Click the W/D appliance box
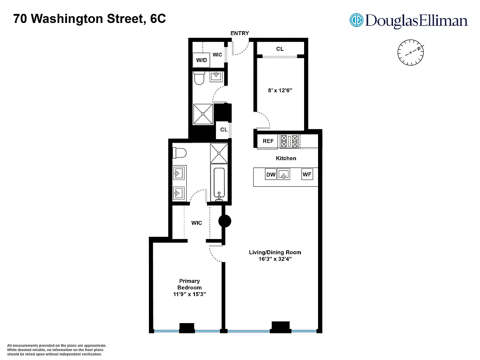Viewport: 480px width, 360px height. tap(200, 60)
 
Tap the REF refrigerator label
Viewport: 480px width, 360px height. tap(268, 141)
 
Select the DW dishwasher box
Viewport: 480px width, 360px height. tap(270, 175)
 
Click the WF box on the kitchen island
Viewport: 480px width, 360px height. tap(307, 175)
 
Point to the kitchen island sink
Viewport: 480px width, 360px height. tap(283, 174)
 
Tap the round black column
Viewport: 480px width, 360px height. tap(224, 221)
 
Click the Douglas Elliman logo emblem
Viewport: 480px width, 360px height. tap(357, 20)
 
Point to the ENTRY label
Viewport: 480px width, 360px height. tap(239, 33)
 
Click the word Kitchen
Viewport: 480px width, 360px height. tap(286, 158)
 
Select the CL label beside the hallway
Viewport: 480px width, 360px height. tap(224, 130)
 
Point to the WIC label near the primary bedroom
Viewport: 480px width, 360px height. tap(197, 223)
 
